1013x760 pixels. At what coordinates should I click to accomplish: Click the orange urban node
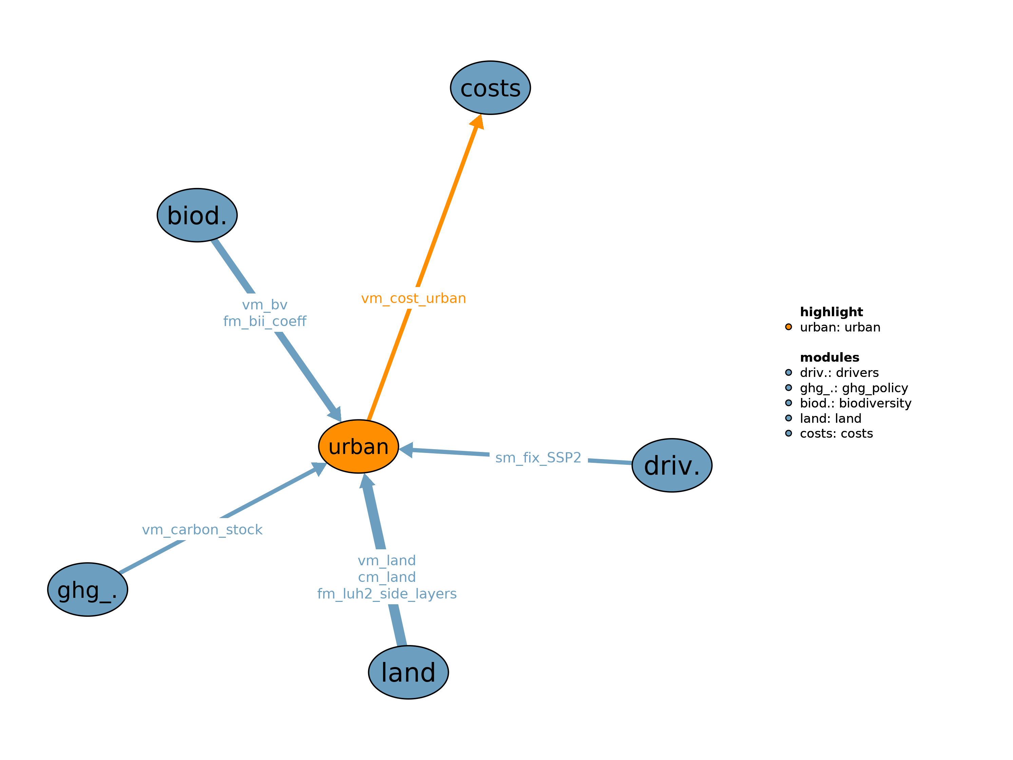click(358, 446)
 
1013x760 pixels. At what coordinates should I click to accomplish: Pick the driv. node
click(671, 465)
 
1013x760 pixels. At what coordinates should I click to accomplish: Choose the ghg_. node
click(88, 590)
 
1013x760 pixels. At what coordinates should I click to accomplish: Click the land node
click(408, 672)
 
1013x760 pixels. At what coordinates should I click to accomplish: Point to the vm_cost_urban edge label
click(413, 298)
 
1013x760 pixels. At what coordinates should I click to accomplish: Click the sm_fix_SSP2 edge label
click(538, 458)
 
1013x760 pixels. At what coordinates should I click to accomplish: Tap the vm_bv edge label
click(265, 305)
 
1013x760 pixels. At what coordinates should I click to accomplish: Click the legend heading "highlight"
click(831, 312)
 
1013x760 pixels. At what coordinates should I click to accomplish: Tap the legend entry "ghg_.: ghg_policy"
click(854, 388)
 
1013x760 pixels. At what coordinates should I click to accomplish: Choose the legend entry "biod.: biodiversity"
click(856, 403)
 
